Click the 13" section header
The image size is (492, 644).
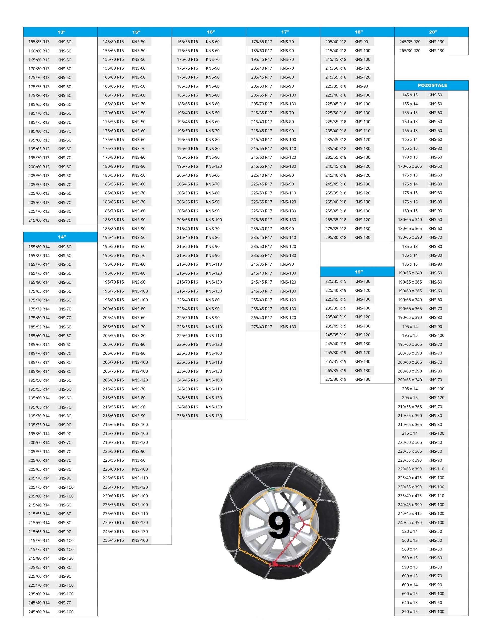(61, 32)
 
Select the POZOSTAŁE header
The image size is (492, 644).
(432, 85)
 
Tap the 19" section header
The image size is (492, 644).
(359, 272)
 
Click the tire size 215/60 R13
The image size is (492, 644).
(39, 220)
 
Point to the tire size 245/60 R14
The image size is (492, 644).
(39, 612)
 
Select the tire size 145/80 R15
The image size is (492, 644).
(113, 42)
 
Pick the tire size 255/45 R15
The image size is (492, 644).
(113, 540)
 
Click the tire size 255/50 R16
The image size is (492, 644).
(187, 416)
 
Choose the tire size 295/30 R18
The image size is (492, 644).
(336, 237)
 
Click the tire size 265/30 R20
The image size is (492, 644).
(410, 51)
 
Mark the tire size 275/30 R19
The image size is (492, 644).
(336, 379)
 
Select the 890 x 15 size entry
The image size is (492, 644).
(410, 611)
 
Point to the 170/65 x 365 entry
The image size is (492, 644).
(410, 166)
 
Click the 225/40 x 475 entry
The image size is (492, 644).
(410, 478)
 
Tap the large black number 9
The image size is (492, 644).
(279, 525)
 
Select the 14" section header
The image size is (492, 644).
(61, 237)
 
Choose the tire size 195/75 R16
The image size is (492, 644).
(187, 166)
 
